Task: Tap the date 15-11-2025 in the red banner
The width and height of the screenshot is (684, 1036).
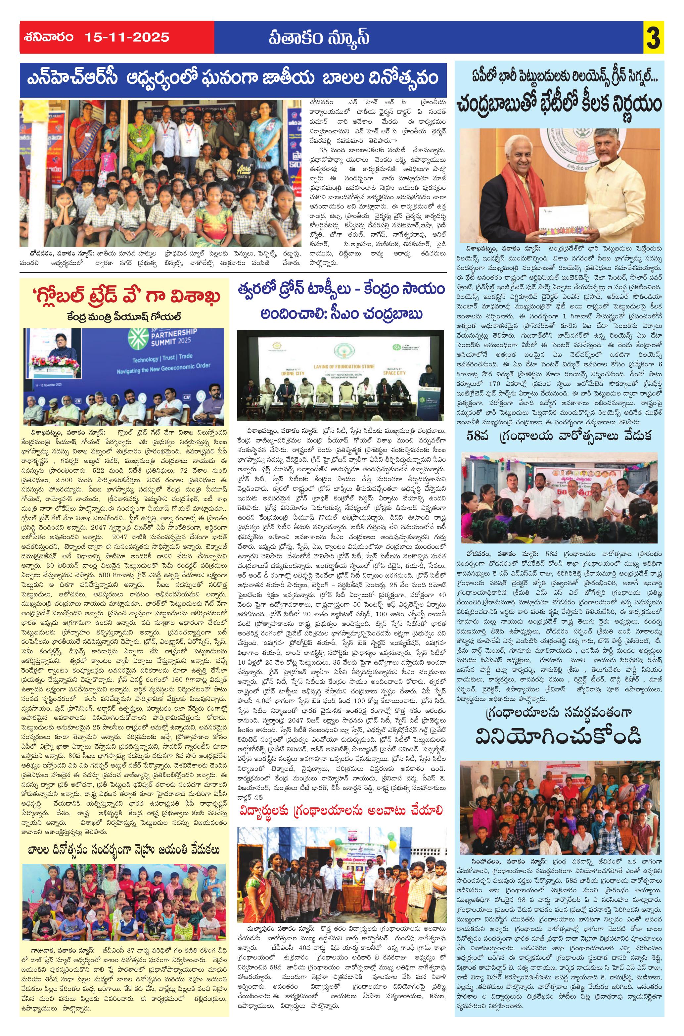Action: tap(128, 37)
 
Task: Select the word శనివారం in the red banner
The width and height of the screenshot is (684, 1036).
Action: tap(49, 37)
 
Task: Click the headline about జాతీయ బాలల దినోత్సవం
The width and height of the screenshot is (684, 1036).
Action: tap(233, 80)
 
